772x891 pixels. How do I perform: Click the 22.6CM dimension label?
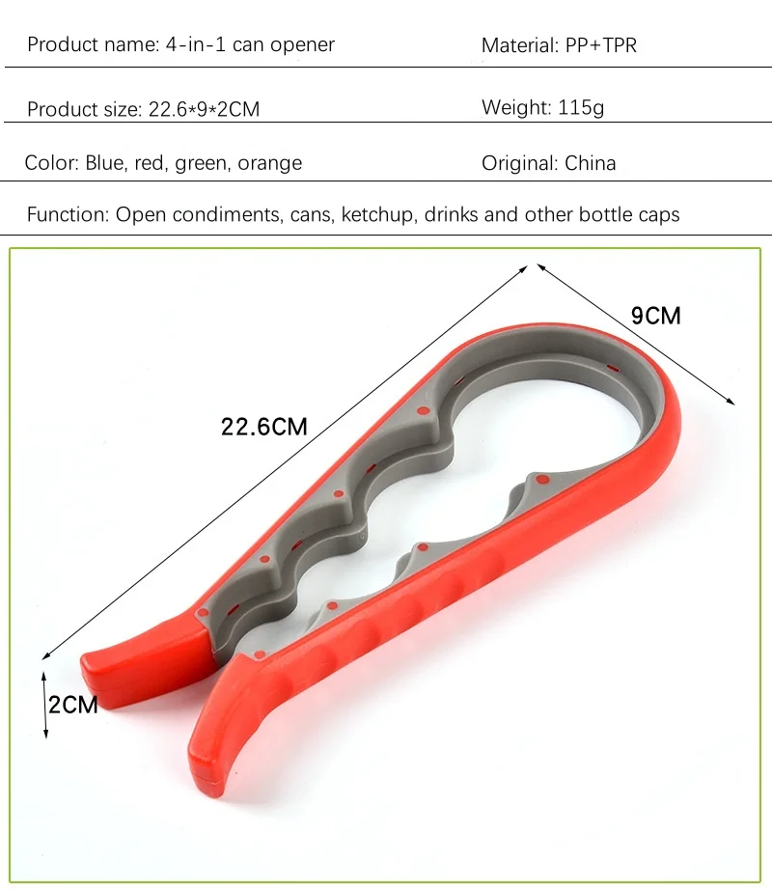click(x=264, y=426)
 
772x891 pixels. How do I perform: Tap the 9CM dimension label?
click(x=655, y=316)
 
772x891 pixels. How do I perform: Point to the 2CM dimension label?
click(x=74, y=705)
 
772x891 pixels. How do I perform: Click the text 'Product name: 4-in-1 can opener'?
click(x=180, y=45)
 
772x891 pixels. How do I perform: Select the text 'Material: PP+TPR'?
click(x=559, y=45)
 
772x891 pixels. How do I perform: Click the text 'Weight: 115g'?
click(x=542, y=107)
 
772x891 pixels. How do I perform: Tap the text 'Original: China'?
click(x=548, y=163)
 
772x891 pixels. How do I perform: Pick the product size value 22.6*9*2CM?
click(x=204, y=109)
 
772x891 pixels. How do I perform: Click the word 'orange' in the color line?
click(x=269, y=163)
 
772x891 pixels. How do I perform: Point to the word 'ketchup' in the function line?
click(x=378, y=214)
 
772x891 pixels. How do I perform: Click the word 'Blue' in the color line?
click(x=105, y=163)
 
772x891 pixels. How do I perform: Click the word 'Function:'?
click(x=68, y=214)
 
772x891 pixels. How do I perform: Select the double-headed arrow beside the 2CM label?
click(x=45, y=704)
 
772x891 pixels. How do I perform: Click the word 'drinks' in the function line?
click(x=452, y=214)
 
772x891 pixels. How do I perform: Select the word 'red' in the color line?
click(x=150, y=163)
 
